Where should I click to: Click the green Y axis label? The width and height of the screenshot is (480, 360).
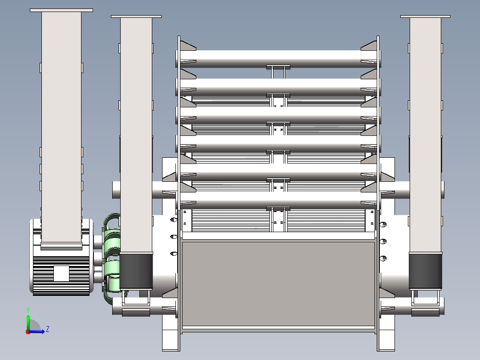[28, 309]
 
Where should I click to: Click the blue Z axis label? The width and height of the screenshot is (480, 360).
[47, 329]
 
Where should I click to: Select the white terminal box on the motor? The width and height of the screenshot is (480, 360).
[61, 273]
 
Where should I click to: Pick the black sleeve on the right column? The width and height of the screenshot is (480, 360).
[425, 271]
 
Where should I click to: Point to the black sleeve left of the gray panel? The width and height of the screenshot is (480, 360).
[136, 271]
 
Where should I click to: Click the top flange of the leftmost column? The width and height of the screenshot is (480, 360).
[61, 10]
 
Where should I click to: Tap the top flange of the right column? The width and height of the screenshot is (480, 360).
[426, 16]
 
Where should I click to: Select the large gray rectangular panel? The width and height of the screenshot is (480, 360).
[278, 283]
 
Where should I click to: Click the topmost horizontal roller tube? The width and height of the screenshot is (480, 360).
[278, 58]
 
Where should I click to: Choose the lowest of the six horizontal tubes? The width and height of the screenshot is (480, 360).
[278, 200]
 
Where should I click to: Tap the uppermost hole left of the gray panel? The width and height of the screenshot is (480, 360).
[173, 220]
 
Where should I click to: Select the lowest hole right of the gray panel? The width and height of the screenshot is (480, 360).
[383, 258]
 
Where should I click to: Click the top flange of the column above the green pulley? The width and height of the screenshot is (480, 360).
[136, 16]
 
